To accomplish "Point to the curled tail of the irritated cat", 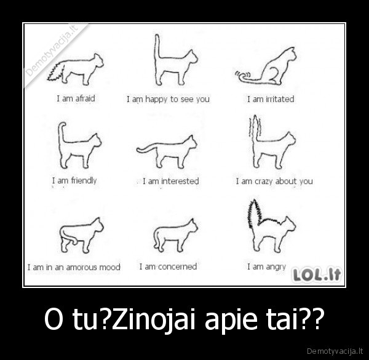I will [x=244, y=76].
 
